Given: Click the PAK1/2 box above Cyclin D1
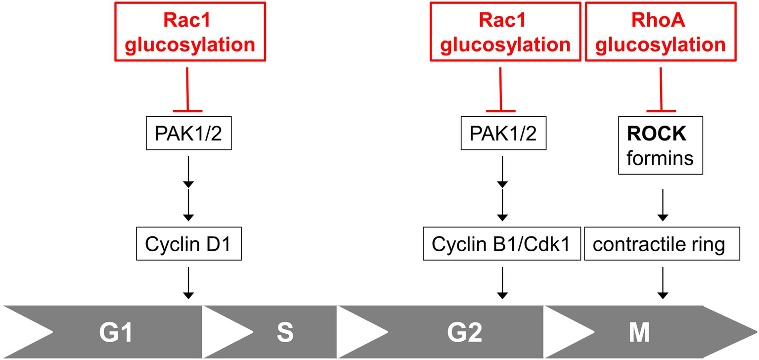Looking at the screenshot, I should [x=188, y=134].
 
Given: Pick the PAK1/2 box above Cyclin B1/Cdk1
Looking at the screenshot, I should [x=503, y=134].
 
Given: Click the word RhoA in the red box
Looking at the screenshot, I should [x=660, y=21].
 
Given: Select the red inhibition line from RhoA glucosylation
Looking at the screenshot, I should [x=661, y=89].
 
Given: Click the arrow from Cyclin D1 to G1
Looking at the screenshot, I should [x=188, y=282].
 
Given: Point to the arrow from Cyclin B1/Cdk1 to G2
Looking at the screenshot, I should [x=502, y=282].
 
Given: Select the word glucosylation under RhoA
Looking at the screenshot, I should [x=660, y=45].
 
